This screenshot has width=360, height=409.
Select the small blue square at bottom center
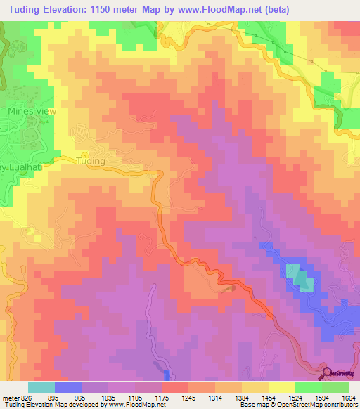click(167, 375)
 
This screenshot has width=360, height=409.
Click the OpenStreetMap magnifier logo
click(328, 373)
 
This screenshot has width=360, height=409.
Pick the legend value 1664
click(348, 397)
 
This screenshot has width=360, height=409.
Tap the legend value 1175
click(161, 397)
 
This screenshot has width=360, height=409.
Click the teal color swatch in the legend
click(41, 387)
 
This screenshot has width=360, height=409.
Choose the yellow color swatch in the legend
click(282, 387)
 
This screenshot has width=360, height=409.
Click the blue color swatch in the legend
click(68, 387)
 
